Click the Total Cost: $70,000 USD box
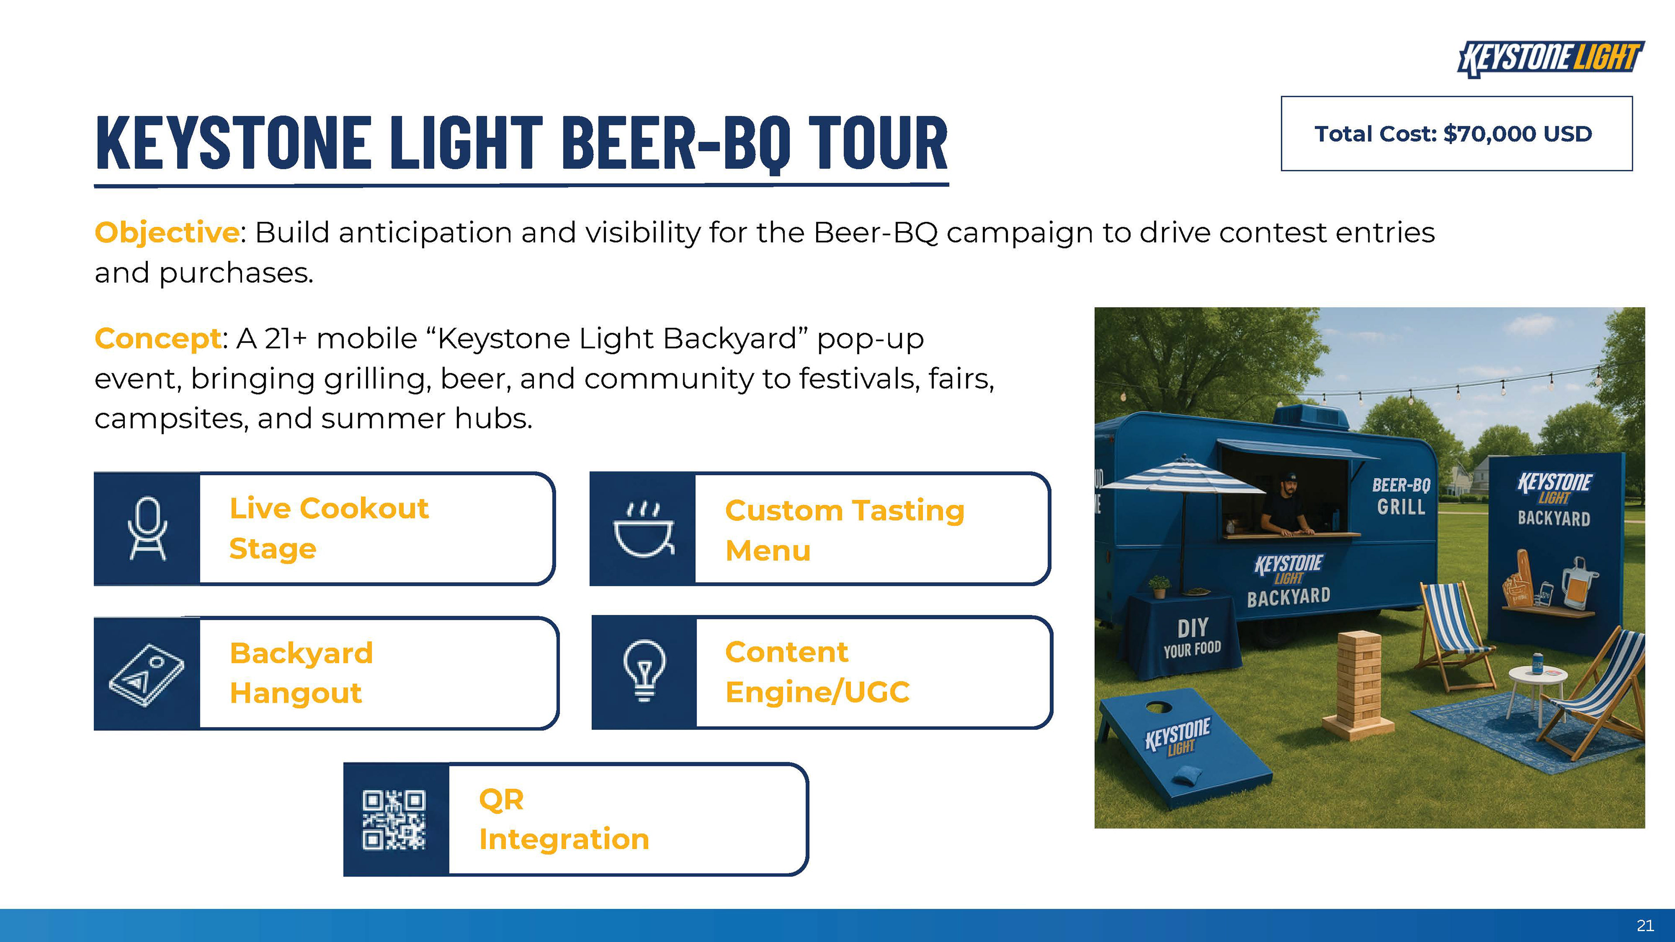click(1456, 133)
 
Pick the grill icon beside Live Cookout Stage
click(147, 529)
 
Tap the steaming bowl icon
click(643, 529)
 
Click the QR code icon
click(394, 820)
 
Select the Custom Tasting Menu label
click(844, 530)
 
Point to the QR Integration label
click(564, 819)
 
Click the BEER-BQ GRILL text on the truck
click(1401, 496)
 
